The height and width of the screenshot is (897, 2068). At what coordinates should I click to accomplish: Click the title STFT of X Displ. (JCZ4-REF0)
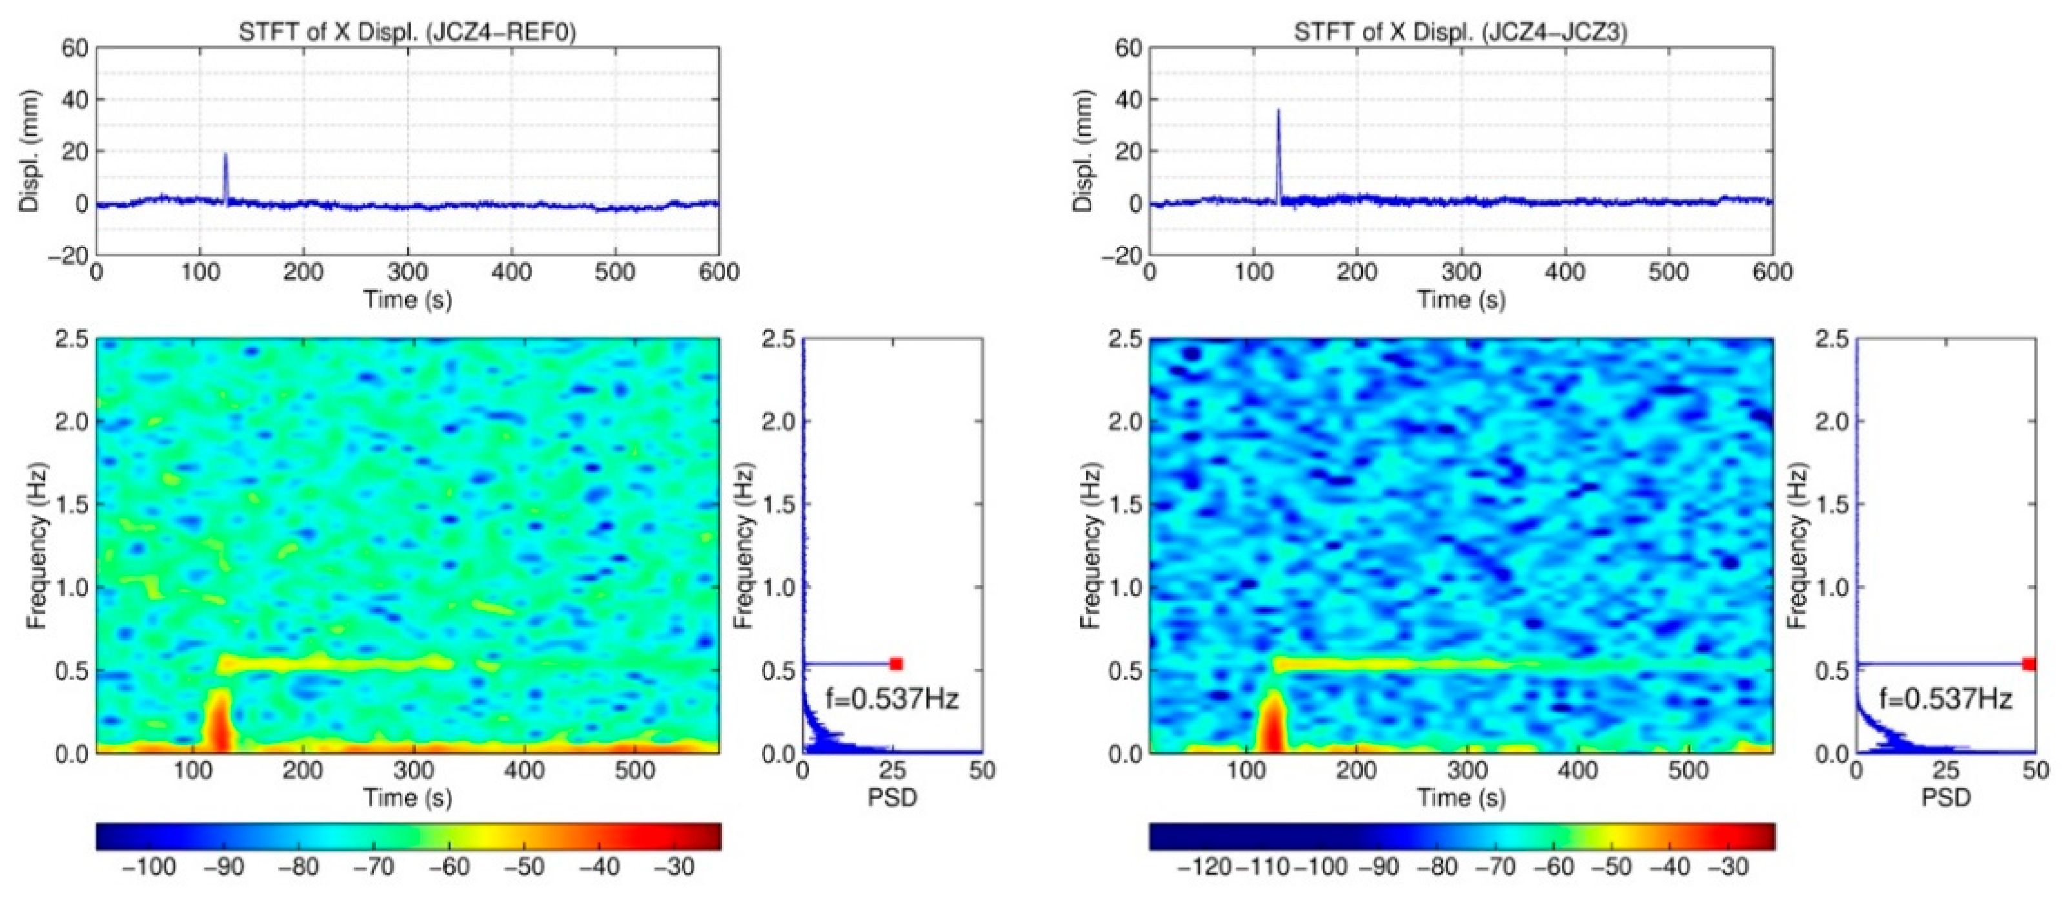[x=407, y=33]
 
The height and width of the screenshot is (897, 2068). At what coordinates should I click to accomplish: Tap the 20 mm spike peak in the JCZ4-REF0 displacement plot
[x=226, y=156]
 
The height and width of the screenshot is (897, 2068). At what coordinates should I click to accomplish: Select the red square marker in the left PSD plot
[x=896, y=663]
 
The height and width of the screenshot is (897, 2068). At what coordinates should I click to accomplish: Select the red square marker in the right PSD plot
[x=2029, y=663]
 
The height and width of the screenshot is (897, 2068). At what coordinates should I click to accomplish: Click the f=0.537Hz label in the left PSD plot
[x=892, y=699]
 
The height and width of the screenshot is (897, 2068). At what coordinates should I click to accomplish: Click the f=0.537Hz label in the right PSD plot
[x=1945, y=699]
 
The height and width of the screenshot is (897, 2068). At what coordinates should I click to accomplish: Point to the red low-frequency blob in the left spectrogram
[x=218, y=722]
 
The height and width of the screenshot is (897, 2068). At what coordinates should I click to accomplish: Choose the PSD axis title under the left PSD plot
[x=892, y=798]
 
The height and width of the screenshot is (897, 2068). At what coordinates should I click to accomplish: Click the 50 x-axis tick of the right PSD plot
[x=2034, y=771]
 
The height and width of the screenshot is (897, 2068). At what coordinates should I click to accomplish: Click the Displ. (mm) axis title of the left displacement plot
[x=30, y=152]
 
